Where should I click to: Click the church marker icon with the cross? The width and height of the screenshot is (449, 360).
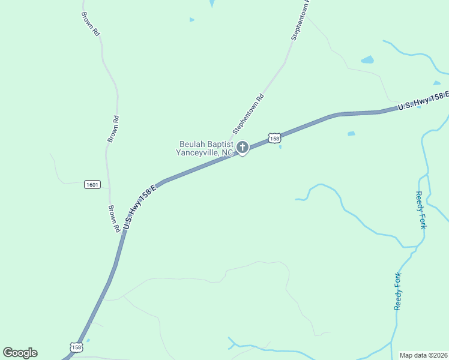coord(243,147)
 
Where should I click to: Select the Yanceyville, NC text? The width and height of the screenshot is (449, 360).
coord(204,153)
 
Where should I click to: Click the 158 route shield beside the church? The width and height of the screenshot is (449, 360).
coord(274,138)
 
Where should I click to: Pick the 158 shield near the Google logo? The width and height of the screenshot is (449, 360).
coord(76,347)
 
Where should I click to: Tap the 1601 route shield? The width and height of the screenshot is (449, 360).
coord(92,184)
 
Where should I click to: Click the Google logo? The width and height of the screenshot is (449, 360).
coord(20,353)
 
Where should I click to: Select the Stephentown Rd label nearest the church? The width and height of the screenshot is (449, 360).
coord(248,113)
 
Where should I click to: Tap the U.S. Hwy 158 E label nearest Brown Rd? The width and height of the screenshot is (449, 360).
coord(139,206)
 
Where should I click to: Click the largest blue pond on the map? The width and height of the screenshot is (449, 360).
coord(367,60)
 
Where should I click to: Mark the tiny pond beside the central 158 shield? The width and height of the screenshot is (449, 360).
coord(280,147)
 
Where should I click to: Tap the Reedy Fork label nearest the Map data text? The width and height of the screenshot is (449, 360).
coord(398,291)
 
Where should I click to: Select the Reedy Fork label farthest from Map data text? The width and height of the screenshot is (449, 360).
coord(421,210)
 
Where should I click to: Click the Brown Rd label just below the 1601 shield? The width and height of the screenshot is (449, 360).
coord(113,219)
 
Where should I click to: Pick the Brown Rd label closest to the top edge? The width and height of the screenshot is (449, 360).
coord(89,21)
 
